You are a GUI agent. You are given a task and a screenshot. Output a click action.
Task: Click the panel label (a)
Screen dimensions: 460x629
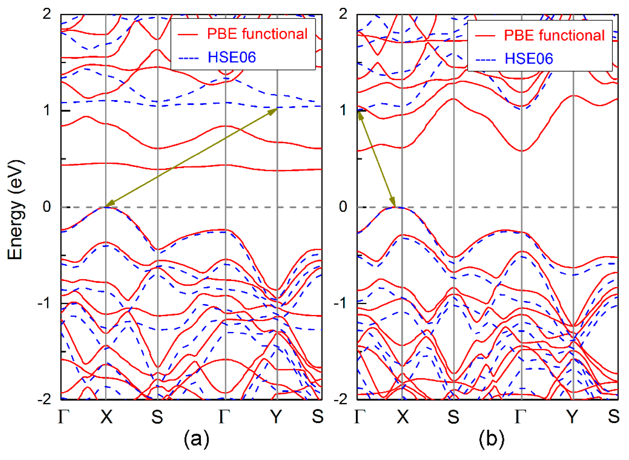(196, 439)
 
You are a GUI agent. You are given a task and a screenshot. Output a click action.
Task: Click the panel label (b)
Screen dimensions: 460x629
(491, 439)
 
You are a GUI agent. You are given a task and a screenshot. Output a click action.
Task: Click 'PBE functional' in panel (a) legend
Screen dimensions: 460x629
(257, 34)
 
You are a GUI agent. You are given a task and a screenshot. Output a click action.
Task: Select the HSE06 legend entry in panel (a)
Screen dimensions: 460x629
(232, 57)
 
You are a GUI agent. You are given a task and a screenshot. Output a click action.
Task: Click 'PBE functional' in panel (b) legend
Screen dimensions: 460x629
(554, 36)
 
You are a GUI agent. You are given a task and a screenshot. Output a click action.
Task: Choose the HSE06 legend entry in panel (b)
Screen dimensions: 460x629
(529, 59)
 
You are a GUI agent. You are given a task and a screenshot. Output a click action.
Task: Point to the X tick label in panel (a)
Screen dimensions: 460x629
(106, 417)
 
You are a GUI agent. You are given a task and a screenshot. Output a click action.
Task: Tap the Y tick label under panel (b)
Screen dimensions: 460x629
(572, 417)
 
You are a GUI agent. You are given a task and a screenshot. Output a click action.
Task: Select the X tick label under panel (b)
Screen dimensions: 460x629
(403, 417)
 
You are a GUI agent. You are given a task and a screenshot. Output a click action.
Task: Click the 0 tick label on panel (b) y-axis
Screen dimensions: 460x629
(343, 207)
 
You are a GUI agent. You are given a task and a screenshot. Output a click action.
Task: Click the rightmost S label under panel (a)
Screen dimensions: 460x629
(317, 417)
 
